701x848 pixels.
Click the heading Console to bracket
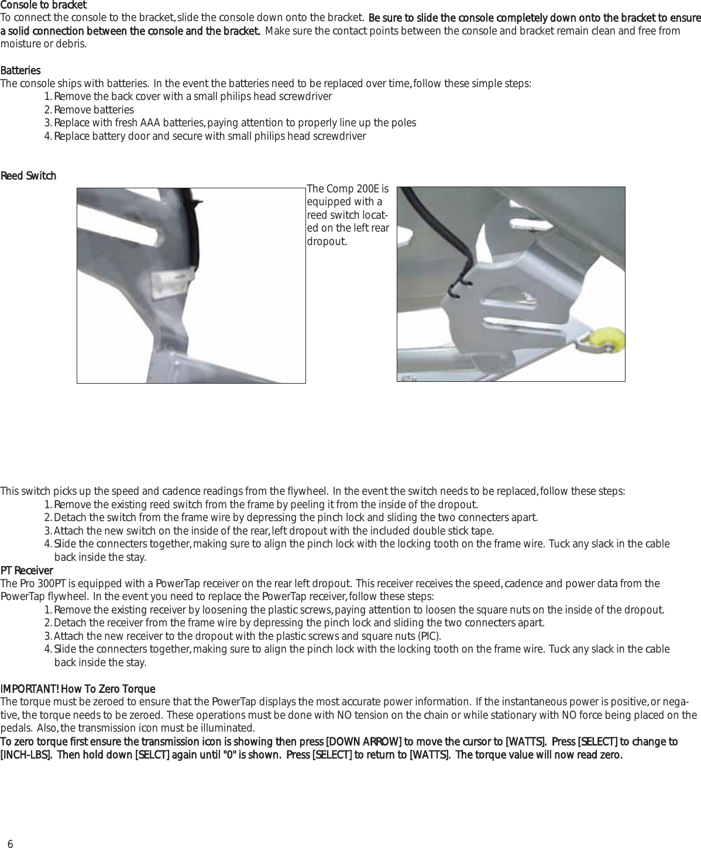click(43, 5)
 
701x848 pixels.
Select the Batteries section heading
click(20, 71)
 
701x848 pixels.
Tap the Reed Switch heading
click(28, 176)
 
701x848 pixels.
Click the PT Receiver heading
click(26, 570)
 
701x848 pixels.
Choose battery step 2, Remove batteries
click(94, 110)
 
